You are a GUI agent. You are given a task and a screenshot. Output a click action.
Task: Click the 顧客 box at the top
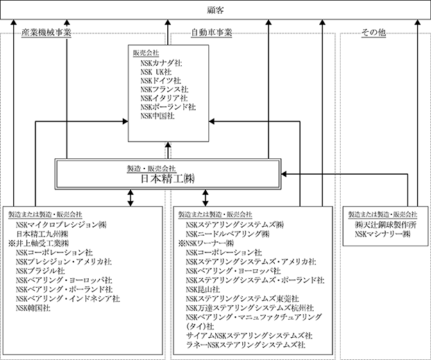click(x=214, y=9)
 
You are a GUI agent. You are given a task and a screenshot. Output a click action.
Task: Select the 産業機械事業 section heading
click(x=47, y=33)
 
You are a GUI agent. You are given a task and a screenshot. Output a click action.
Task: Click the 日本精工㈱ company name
click(x=167, y=178)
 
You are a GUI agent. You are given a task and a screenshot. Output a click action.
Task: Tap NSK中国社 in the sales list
click(x=157, y=117)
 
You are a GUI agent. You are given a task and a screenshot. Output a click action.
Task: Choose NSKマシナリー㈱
click(x=382, y=234)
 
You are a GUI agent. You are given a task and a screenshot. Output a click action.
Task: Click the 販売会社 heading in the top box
click(x=146, y=53)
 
